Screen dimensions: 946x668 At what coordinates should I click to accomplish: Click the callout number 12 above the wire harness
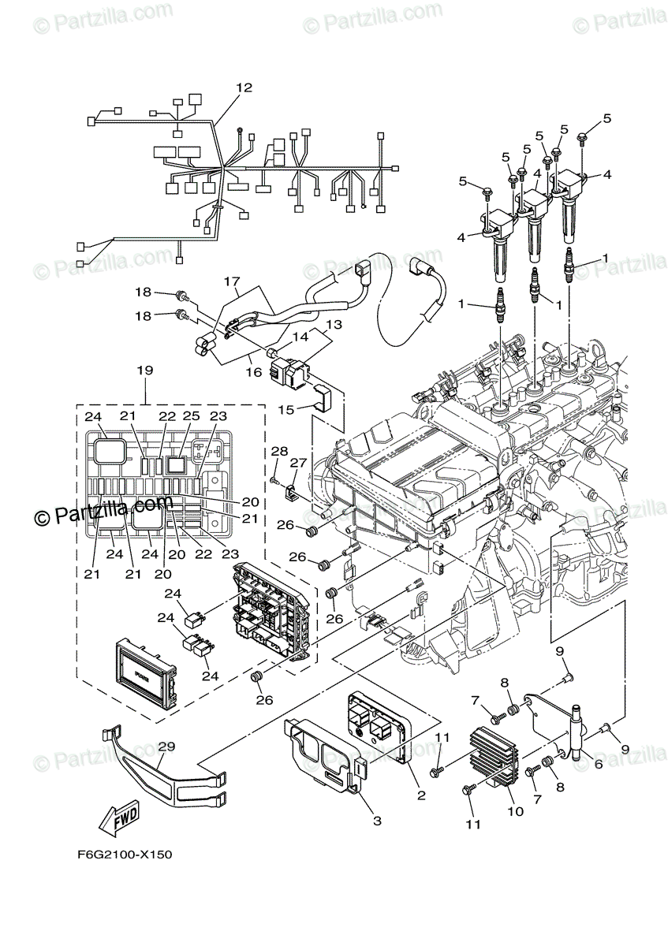point(244,88)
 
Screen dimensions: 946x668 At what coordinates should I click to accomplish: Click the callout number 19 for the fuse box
point(144,370)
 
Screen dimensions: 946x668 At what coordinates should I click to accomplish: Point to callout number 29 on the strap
point(166,746)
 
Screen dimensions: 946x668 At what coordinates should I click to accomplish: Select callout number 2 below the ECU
point(421,795)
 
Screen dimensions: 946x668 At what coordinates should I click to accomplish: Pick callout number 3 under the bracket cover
point(377,821)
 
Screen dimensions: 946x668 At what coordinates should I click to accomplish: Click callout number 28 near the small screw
point(280,450)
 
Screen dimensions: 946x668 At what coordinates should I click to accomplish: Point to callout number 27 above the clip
point(298,463)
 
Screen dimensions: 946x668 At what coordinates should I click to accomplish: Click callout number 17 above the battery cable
point(230,280)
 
